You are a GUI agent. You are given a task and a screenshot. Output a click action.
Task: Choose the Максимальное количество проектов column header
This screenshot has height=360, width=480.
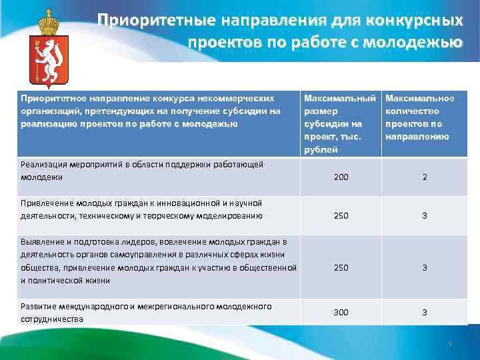[420, 117]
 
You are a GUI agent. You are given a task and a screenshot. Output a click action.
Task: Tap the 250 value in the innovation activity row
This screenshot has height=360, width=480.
[341, 216]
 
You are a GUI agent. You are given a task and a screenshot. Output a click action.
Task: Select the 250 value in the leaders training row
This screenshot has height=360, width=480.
[341, 267]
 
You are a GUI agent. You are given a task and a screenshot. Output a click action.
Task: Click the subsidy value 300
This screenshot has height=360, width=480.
[341, 312]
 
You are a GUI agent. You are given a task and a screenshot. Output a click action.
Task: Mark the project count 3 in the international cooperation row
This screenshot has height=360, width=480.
[424, 312]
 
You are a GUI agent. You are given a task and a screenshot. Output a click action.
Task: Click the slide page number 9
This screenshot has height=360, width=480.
[449, 343]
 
